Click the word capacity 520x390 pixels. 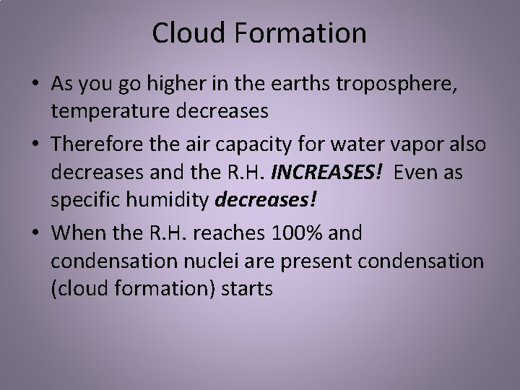coord(243,144)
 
